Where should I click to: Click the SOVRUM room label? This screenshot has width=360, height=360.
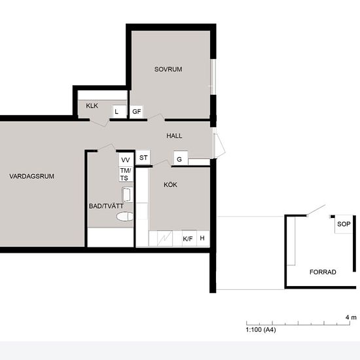tap(168, 69)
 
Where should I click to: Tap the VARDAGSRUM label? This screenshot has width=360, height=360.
tap(31, 176)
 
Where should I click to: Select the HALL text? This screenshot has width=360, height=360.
tap(174, 135)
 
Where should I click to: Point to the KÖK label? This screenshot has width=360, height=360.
tap(170, 185)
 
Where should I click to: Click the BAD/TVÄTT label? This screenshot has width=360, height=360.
tap(106, 206)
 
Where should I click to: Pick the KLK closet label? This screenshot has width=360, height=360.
tap(92, 105)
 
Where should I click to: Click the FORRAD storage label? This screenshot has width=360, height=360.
tap(323, 272)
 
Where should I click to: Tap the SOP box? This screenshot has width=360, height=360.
tap(344, 224)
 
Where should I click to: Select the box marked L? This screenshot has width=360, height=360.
tap(119, 112)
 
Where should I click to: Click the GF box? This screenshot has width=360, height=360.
tap(136, 112)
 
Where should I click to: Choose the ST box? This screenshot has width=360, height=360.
tap(143, 158)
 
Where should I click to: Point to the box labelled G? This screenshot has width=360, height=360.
tap(181, 158)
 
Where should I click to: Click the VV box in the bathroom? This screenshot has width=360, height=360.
tap(126, 159)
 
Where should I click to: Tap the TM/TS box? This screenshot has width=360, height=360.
tap(126, 174)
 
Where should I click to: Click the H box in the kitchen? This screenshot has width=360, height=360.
tap(203, 238)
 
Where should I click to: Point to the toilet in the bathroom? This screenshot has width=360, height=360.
tap(125, 217)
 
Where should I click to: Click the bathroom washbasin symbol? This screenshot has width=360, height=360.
tap(127, 195)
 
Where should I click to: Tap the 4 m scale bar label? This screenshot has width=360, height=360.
tap(351, 317)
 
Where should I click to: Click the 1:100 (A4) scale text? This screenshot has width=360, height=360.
tap(261, 330)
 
